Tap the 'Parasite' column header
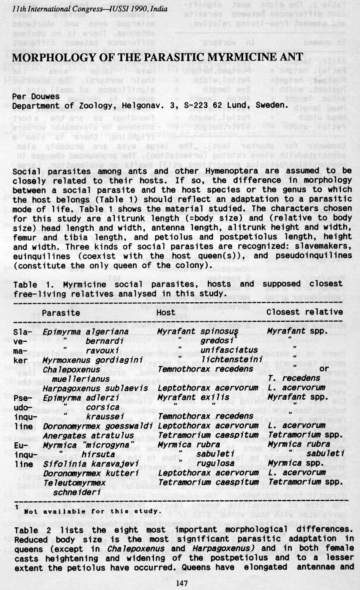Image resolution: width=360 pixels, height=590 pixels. (61, 313)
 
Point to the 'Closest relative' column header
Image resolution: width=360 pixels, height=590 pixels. (304, 312)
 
